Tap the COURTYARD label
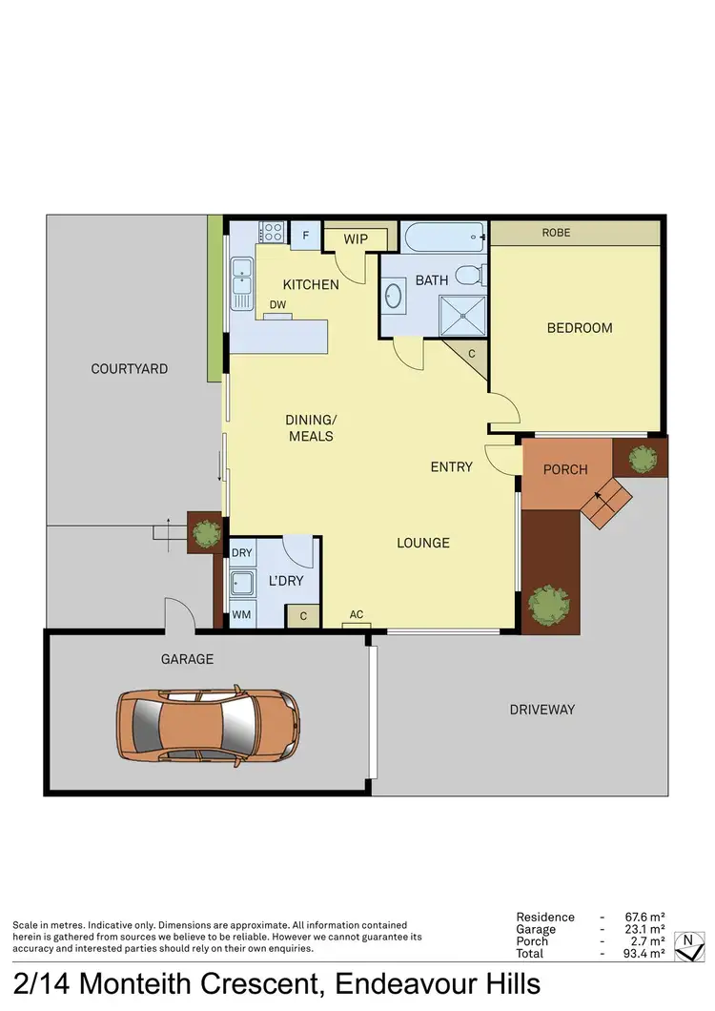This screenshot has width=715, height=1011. (x=130, y=369)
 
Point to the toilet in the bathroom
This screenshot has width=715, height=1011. (x=469, y=276)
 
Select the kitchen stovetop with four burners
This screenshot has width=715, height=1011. (x=272, y=231)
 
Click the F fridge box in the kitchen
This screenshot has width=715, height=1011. (x=307, y=235)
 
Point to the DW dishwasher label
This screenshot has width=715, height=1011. (x=277, y=304)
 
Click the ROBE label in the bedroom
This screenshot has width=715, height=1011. (x=556, y=233)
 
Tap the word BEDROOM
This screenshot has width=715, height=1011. (x=580, y=328)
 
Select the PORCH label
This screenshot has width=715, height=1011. (x=565, y=469)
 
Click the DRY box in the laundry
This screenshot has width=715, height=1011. (x=242, y=553)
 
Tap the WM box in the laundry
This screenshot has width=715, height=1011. (x=242, y=615)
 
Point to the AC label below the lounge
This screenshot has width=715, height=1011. (x=357, y=615)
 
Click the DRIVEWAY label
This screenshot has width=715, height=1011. (x=542, y=710)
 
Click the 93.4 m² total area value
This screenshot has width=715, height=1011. (x=643, y=954)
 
